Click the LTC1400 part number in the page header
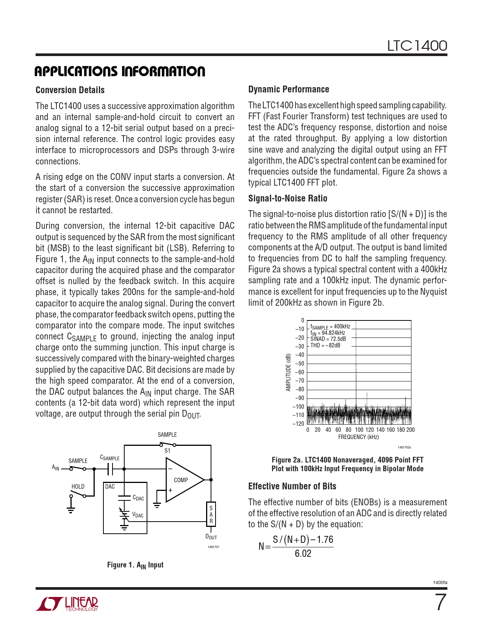[417, 46]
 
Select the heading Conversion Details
[70, 90]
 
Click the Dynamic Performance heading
[289, 89]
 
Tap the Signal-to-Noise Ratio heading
[288, 198]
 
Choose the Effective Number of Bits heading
[292, 486]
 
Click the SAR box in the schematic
[211, 514]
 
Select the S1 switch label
[167, 451]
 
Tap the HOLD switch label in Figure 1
[78, 487]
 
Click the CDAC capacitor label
[138, 498]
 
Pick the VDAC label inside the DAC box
[138, 515]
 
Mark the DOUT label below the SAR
[211, 537]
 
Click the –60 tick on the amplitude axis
[300, 372]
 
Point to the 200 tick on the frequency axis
[411, 430]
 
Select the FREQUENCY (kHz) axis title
[358, 437]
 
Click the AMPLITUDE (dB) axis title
[288, 372]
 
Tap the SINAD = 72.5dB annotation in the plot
[328, 339]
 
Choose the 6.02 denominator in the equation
[303, 553]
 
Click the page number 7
[440, 603]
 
